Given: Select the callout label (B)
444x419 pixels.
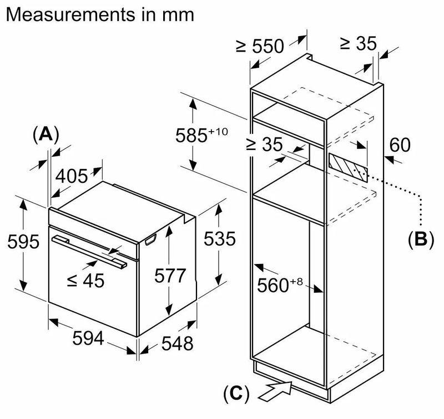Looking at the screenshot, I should (x=420, y=239).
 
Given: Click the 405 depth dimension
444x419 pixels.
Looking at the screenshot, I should (x=72, y=176).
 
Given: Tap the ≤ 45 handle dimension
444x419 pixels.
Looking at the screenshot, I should (x=85, y=281).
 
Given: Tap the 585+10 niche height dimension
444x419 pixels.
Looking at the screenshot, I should (x=203, y=135).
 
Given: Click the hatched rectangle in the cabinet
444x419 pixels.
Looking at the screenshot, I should (x=347, y=167).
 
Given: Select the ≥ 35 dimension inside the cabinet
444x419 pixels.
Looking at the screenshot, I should (x=264, y=145).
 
